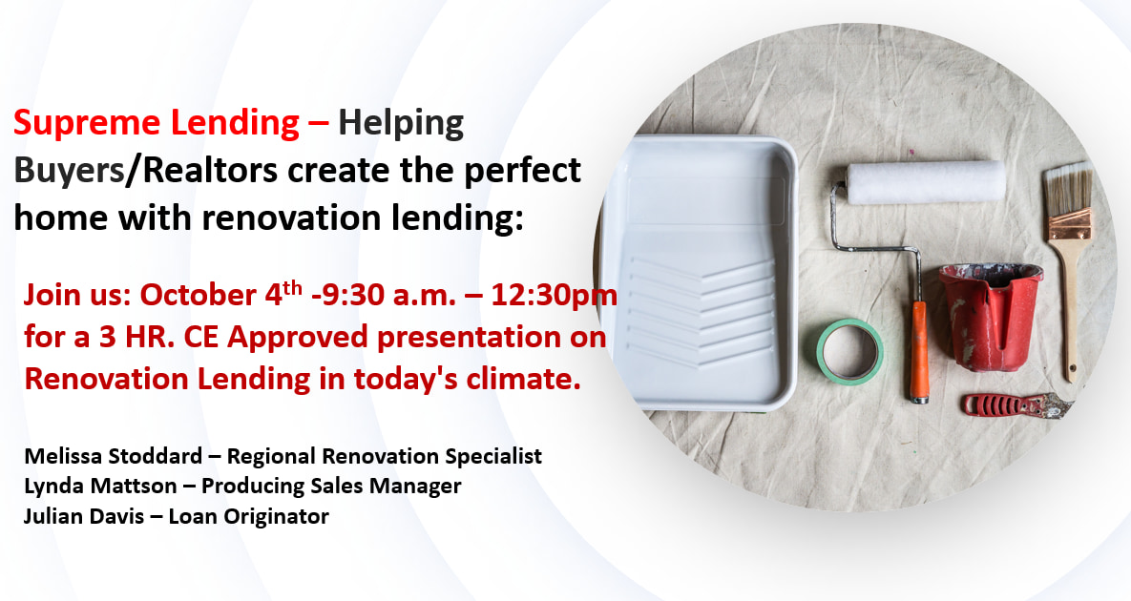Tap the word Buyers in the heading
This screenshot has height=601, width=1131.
[x=69, y=171]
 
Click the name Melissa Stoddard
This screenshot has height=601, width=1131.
[x=114, y=456]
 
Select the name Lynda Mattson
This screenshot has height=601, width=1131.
[x=100, y=487]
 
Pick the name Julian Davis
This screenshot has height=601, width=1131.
[x=84, y=516]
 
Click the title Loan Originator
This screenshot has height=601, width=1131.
[x=249, y=517]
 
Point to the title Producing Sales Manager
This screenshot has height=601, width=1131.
[x=331, y=487]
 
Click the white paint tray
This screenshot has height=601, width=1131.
[x=699, y=273]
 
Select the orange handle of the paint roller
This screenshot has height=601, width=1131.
[x=918, y=351]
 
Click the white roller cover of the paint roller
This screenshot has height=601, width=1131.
[x=926, y=182]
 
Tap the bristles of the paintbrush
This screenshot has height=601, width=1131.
[x=1068, y=186]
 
